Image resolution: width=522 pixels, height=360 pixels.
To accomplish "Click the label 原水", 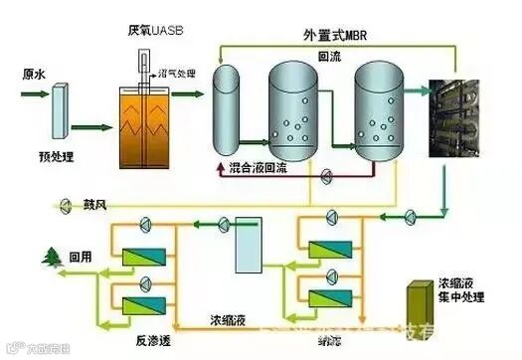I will (36, 74).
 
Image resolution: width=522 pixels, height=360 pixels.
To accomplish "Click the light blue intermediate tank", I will (248, 248).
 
